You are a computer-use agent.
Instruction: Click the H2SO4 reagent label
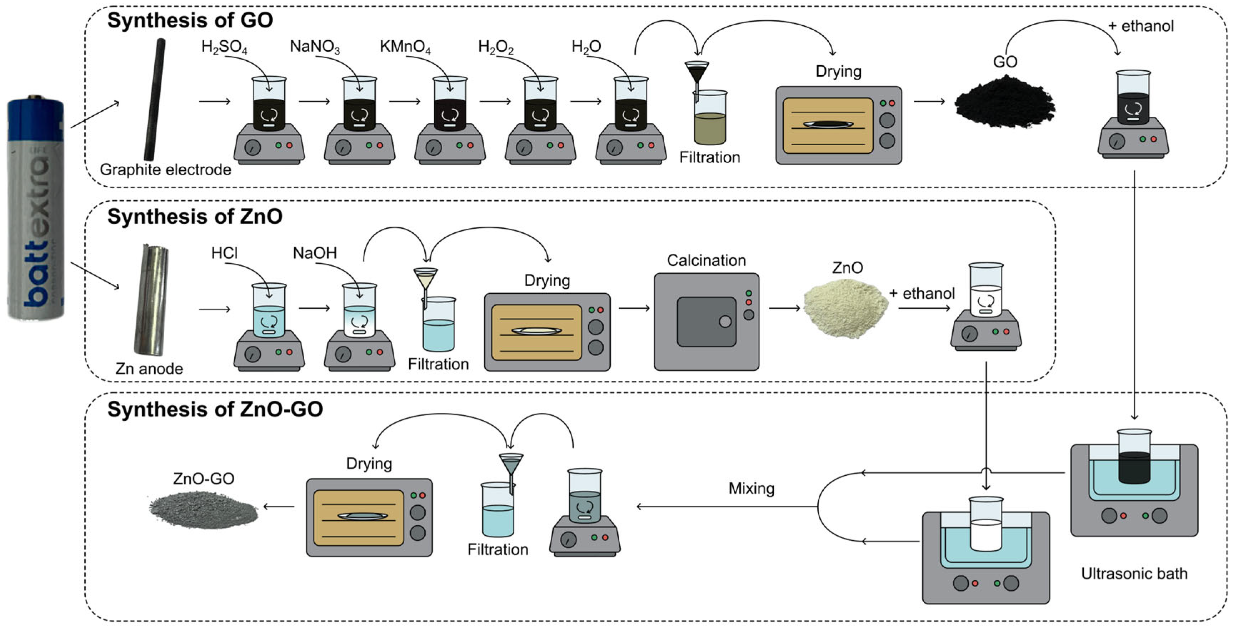[224, 47]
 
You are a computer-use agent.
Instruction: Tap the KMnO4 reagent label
[405, 47]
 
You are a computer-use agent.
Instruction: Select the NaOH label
[315, 253]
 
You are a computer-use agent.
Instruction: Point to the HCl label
[224, 253]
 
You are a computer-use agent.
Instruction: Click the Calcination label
[707, 260]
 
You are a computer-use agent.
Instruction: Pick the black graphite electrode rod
[155, 100]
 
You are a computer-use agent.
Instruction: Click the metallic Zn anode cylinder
[150, 300]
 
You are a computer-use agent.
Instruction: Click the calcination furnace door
[707, 322]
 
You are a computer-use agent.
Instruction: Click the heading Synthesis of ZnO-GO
[215, 409]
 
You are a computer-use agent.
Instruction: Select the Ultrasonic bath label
[1134, 573]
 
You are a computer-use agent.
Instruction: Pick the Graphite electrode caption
[166, 170]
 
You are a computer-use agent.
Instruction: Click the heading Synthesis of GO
[190, 21]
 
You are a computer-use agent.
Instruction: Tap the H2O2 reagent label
[496, 47]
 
